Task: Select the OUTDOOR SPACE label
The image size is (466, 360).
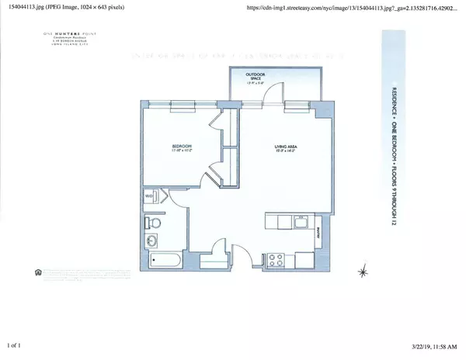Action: tap(256, 74)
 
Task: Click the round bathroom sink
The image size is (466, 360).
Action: tap(150, 244)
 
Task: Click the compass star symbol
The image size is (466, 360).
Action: tap(361, 272)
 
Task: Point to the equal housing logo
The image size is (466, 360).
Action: tap(39, 272)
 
